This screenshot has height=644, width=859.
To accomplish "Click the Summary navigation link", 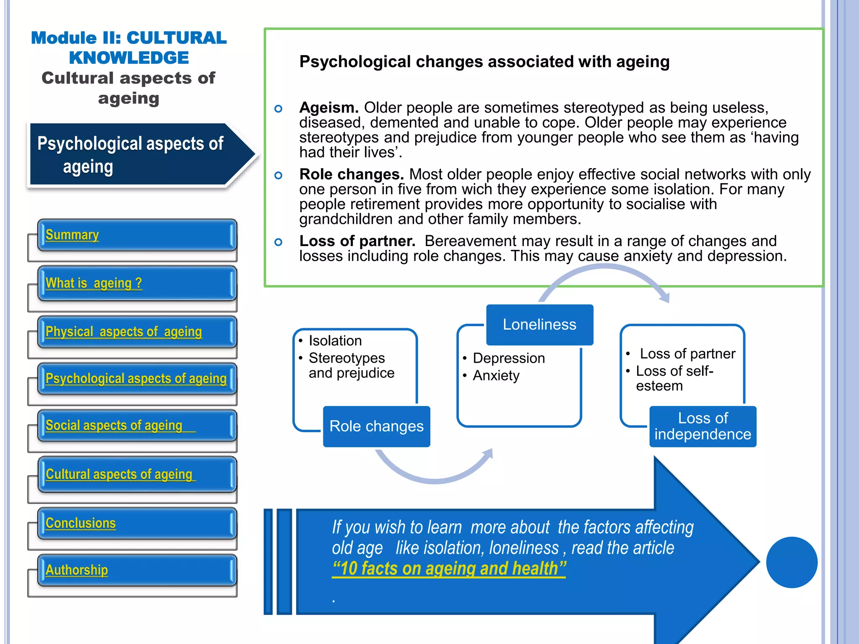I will point(72,235).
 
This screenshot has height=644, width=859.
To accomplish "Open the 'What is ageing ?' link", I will point(94,283).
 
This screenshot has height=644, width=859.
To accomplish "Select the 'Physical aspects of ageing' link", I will point(123,332).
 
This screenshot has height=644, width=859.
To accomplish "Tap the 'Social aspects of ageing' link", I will point(114,425).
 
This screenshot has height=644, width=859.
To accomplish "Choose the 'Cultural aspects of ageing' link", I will point(119,474).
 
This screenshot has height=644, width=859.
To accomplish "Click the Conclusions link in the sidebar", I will point(81,523).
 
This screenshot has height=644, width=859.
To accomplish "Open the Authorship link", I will point(77,570).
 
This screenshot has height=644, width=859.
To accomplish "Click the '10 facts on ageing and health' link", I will point(449,569).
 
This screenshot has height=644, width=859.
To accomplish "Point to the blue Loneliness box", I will point(539,325).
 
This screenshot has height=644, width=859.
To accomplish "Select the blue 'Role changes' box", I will point(376,426).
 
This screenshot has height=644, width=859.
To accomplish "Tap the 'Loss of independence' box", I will point(703,426).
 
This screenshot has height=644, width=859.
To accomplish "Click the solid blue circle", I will point(791,562).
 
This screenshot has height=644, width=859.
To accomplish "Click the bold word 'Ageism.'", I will point(329,108).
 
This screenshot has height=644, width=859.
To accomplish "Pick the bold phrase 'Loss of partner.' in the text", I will point(357,241).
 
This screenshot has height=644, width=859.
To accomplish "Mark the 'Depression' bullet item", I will point(509,358).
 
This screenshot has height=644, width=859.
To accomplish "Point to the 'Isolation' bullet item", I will point(335,340).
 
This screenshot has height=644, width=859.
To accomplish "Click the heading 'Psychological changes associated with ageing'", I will point(484,62).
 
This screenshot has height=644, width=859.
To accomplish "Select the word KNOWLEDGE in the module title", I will point(129,58).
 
